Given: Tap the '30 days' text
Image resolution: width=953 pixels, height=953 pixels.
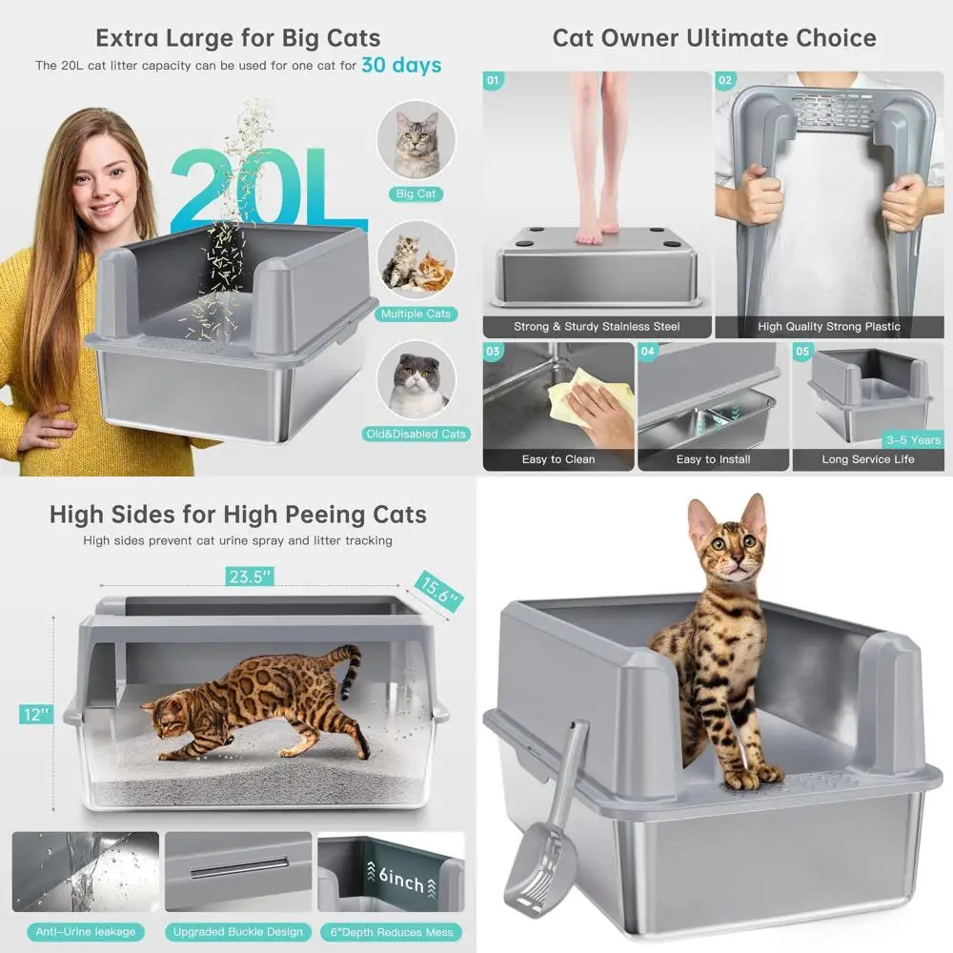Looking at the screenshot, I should click(401, 66).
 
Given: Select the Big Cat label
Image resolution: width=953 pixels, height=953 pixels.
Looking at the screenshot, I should click(416, 193).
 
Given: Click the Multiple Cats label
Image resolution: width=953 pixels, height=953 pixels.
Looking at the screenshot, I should click(416, 314).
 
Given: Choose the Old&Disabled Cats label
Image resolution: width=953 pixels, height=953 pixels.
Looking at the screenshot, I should click(416, 434).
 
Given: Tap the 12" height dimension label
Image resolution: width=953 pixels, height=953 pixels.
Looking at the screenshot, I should click(35, 714).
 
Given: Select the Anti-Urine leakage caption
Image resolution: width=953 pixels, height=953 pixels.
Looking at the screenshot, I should click(86, 931).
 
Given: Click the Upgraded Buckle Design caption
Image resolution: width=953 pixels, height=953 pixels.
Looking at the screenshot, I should click(238, 931).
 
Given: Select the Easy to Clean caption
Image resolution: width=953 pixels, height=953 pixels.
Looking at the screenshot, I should click(558, 459).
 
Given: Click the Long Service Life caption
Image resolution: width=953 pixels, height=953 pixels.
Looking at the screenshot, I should click(868, 459).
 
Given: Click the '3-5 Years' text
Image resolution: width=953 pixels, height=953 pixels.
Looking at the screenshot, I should click(912, 440).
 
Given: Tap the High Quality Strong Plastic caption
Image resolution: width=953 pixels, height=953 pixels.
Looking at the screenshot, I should click(829, 327).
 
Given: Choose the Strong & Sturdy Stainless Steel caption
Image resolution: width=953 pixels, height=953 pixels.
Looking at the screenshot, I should click(597, 327).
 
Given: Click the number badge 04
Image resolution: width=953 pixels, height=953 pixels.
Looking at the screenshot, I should click(648, 351).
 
